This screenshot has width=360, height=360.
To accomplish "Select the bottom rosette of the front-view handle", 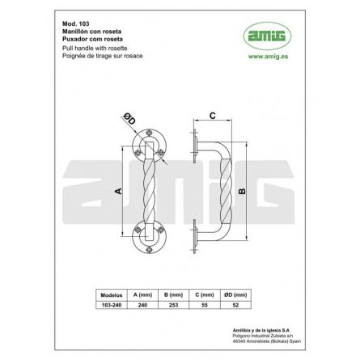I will (147, 238).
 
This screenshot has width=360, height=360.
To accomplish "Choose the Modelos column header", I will (109, 295).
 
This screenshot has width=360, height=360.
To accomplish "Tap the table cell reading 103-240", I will (109, 305).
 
